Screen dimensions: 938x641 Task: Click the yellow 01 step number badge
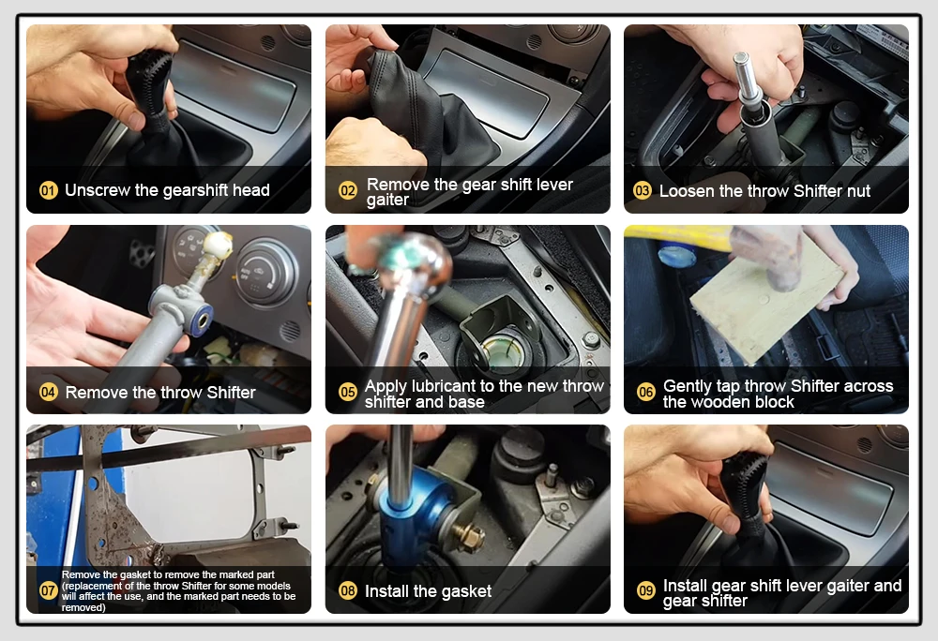click(x=49, y=190)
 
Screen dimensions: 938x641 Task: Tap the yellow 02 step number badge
click(x=348, y=190)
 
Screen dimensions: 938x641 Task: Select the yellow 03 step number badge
click(x=643, y=190)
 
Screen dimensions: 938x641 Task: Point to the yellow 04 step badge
click(x=49, y=392)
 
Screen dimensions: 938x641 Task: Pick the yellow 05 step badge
click(x=348, y=392)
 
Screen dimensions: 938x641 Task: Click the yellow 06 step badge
click(x=646, y=392)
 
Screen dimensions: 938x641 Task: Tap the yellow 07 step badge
click(x=49, y=590)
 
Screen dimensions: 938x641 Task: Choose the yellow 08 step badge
click(x=348, y=590)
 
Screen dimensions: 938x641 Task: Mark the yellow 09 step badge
click(x=646, y=590)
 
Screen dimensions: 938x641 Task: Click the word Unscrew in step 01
click(x=98, y=190)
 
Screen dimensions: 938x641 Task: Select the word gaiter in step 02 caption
click(x=387, y=201)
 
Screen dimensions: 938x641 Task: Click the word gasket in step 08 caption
click(x=464, y=591)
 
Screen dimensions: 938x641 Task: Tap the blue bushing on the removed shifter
click(x=201, y=318)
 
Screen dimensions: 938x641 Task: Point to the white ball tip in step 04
click(x=219, y=245)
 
